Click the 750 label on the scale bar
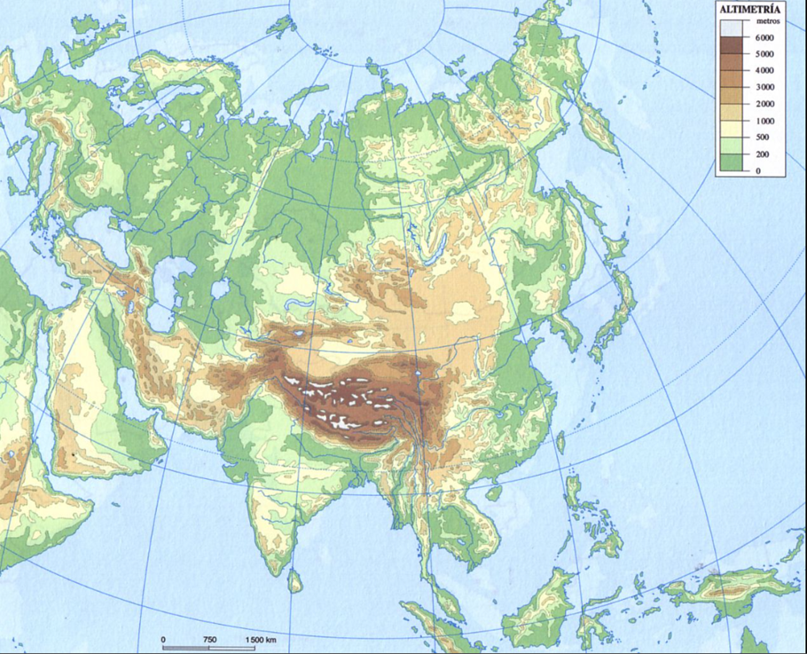(210, 640)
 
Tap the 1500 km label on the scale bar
(262, 640)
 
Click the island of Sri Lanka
(295, 580)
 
